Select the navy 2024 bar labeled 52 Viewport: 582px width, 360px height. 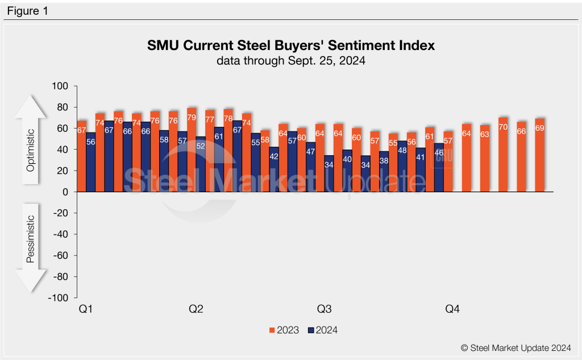[201, 165]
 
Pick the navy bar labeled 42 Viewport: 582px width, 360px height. [274, 169]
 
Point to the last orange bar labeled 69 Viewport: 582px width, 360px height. [539, 155]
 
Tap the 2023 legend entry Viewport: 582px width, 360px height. [283, 330]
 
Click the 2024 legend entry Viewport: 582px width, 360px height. [322, 330]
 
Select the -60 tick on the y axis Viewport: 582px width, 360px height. [59, 255]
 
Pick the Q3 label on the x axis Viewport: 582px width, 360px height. [325, 309]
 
